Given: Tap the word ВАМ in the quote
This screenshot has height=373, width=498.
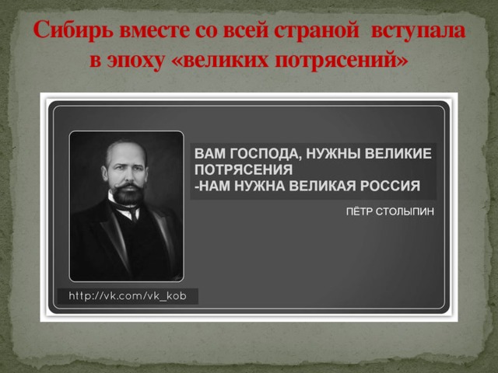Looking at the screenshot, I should [x=208, y=154].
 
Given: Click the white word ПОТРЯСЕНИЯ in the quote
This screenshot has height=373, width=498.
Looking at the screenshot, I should [x=243, y=170].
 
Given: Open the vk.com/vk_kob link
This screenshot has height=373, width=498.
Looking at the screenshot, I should [x=128, y=296].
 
